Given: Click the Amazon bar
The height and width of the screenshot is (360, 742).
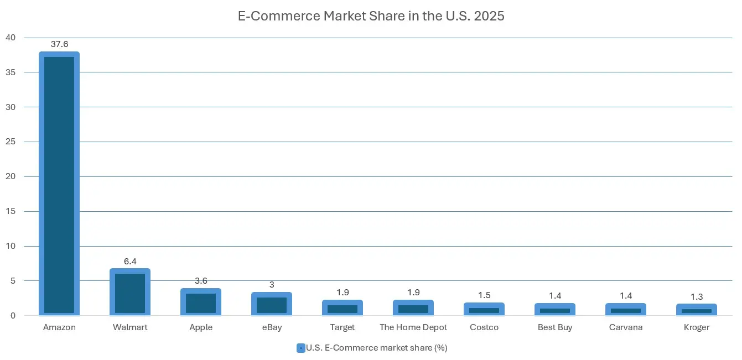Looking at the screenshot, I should click(x=59, y=184).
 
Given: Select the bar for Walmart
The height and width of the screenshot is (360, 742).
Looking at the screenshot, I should click(x=130, y=292).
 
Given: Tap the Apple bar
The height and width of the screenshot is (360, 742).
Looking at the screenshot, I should click(x=201, y=302).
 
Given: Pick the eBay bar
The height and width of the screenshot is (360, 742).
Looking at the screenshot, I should click(x=272, y=304).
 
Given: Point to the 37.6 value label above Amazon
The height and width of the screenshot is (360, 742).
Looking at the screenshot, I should click(x=59, y=44).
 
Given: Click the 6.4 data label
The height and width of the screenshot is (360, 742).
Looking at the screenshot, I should click(x=130, y=261).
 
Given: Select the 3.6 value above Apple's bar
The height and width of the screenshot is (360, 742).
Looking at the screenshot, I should click(x=201, y=280).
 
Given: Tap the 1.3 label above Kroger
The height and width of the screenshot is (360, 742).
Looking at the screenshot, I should click(x=696, y=296).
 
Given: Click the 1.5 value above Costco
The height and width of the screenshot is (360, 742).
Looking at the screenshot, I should click(x=484, y=295).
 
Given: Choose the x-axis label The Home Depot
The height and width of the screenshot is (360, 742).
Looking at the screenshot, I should click(x=413, y=327).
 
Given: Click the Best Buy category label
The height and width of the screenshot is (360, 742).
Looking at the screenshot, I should click(x=555, y=327).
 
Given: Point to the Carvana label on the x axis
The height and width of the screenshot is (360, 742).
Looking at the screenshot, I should click(x=626, y=327).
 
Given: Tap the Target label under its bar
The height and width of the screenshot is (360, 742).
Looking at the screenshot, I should click(x=343, y=327).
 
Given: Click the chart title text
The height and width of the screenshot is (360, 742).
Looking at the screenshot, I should click(x=371, y=16).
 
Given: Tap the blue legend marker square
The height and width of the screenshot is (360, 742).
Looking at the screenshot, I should click(x=300, y=348).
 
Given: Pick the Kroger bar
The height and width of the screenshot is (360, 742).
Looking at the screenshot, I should click(x=696, y=310).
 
